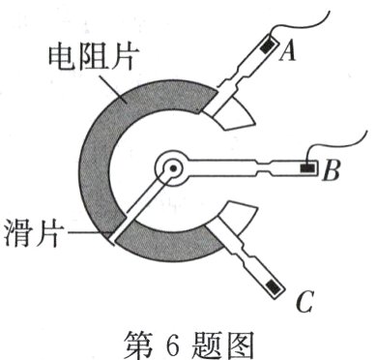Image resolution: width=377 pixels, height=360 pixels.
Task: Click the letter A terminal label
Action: coord(286,55)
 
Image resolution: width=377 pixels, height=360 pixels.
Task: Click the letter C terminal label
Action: coord(303,305)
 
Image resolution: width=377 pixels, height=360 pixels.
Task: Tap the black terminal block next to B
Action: coord(307,167)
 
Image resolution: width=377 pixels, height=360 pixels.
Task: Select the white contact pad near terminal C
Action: coord(232,222)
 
